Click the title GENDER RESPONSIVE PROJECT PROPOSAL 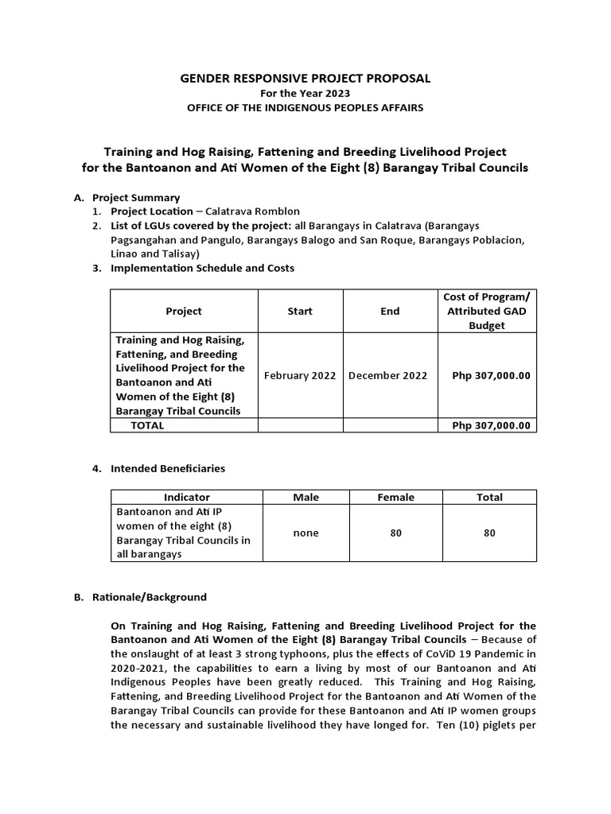point(305,78)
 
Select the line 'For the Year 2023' point(305,93)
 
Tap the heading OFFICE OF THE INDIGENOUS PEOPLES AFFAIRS point(305,107)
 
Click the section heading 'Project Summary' point(136,197)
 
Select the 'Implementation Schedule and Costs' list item point(202,268)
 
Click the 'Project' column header point(184,312)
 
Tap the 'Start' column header point(300,312)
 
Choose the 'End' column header point(390,312)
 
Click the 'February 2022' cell point(300,375)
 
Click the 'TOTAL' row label point(147,425)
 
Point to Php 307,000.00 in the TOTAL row point(491,425)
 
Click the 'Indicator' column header point(187,497)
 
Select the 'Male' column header point(305,497)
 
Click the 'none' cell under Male point(305,533)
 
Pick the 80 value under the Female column point(395,533)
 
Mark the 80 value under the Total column point(489,533)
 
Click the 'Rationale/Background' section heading point(150,596)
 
